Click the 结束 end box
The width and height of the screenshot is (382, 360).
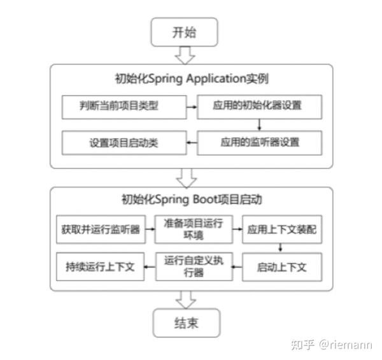tap(186, 323)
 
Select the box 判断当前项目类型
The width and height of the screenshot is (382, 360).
tap(124, 106)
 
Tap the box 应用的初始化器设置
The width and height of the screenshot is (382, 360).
tap(257, 106)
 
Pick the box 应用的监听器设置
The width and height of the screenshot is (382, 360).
tap(257, 141)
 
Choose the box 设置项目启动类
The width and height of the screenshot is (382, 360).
tap(124, 141)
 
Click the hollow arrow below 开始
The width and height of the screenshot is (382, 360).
tap(185, 55)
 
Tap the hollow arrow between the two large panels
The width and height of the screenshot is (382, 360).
tap(185, 177)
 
